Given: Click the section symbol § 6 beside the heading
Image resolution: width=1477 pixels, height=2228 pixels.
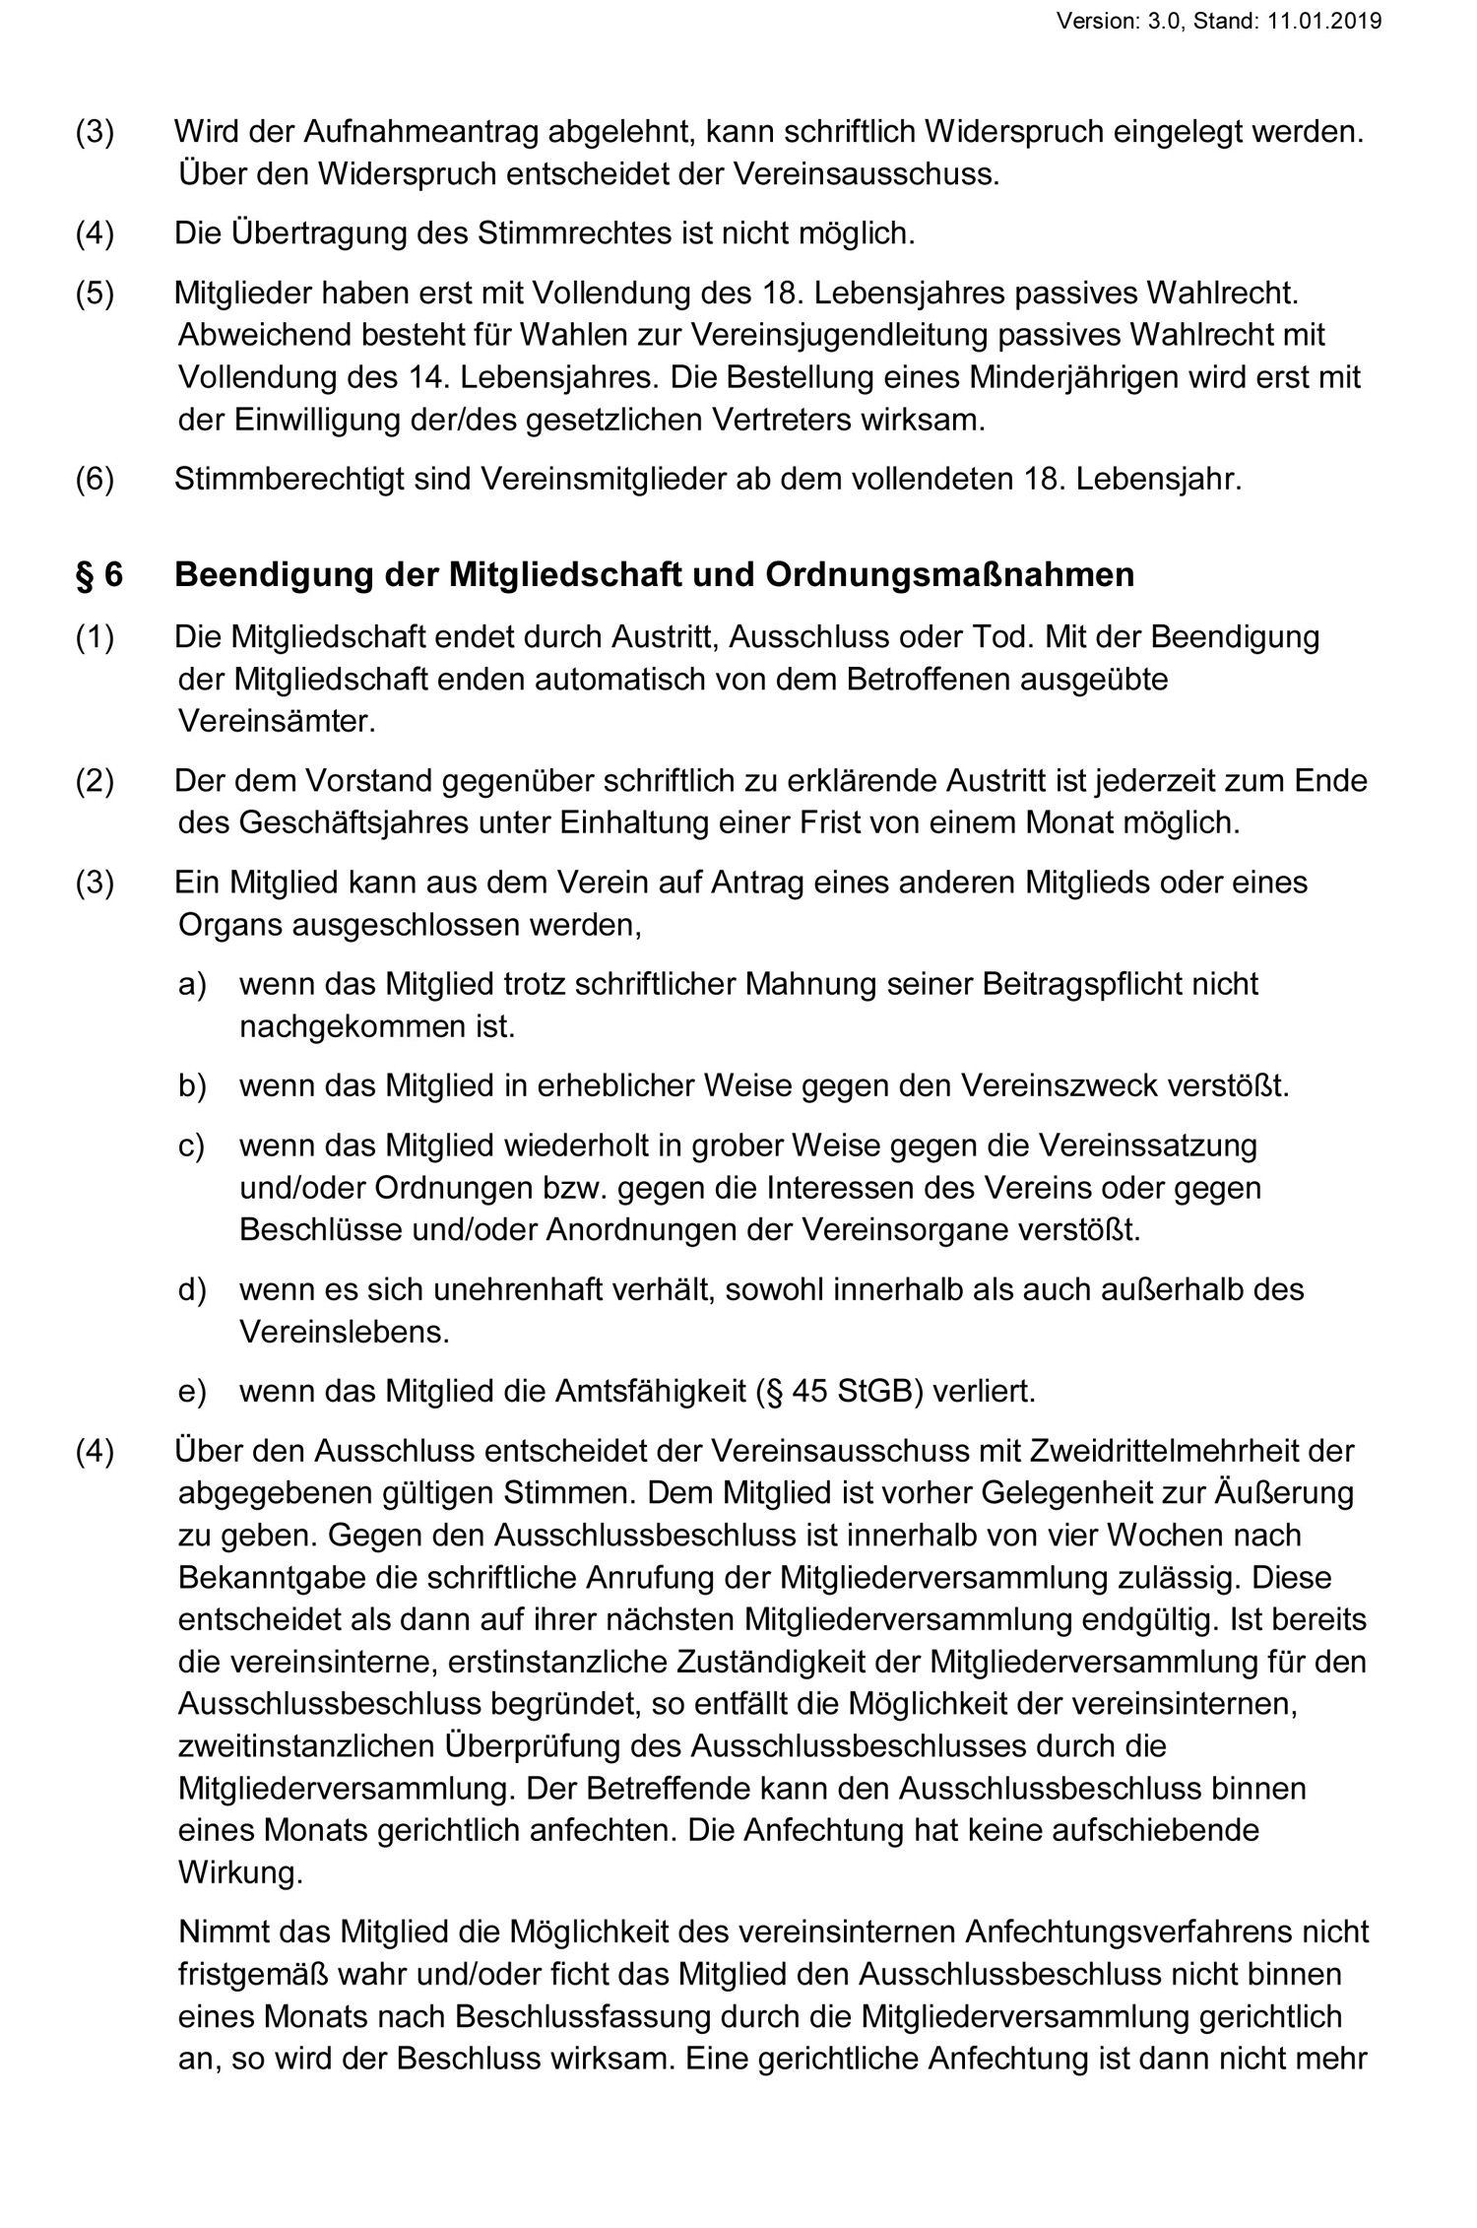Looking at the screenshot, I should click(x=99, y=575).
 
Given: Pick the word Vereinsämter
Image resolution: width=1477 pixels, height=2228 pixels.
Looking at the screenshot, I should click(x=277, y=721).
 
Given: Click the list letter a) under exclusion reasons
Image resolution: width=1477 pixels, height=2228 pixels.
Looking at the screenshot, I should click(x=192, y=984).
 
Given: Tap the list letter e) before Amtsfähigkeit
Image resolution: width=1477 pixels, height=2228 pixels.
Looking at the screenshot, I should click(x=192, y=1391).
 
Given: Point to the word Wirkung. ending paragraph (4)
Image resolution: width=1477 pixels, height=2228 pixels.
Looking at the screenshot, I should click(x=240, y=1872).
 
